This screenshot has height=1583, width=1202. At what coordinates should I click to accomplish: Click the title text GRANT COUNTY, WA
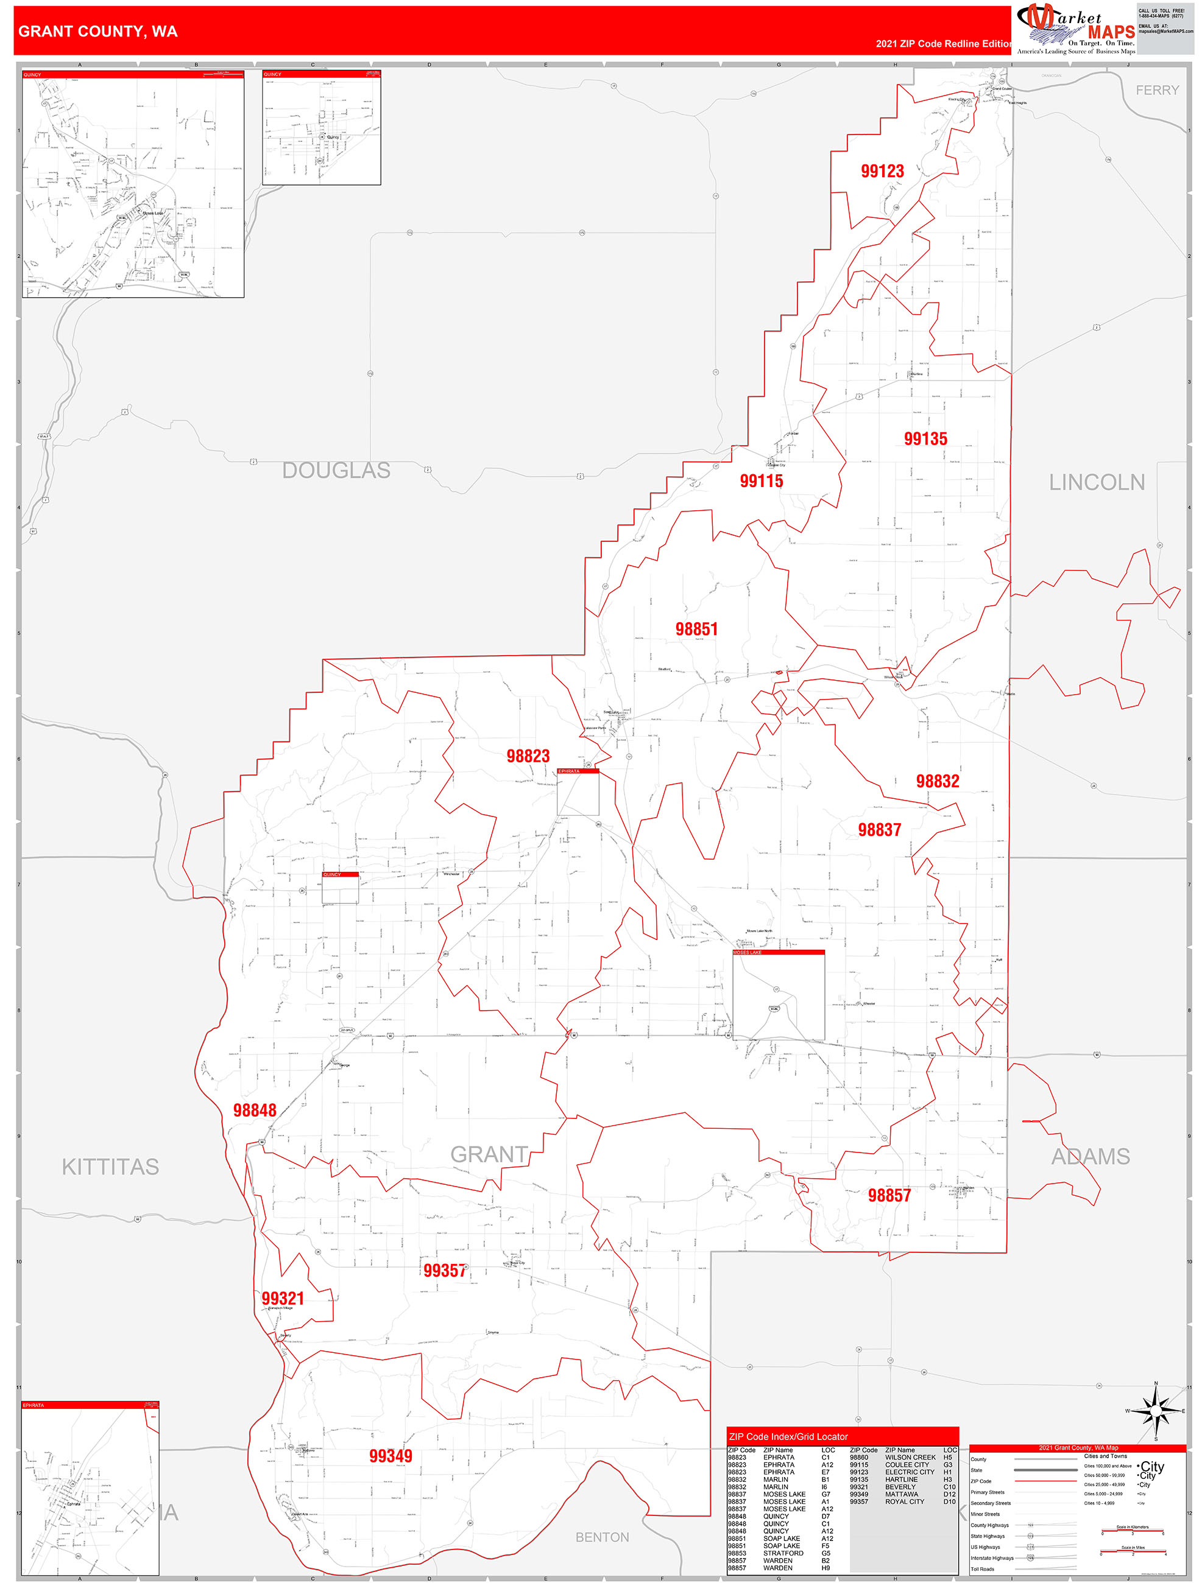click(x=98, y=32)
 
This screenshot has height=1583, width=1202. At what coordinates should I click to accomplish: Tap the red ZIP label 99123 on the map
click(x=882, y=171)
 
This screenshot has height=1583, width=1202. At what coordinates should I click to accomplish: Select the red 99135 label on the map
click(x=925, y=439)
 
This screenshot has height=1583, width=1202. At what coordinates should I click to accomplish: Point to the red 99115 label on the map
click(x=761, y=481)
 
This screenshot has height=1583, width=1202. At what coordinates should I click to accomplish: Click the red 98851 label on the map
click(x=696, y=629)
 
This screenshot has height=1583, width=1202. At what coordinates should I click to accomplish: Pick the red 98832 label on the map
click(x=937, y=782)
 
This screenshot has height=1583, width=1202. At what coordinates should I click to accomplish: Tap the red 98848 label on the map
click(x=254, y=1110)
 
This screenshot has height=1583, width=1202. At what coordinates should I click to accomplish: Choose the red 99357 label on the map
click(x=445, y=1270)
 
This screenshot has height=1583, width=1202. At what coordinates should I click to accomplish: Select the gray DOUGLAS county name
click(x=336, y=470)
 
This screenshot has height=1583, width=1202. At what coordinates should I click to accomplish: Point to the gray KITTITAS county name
click(x=110, y=1167)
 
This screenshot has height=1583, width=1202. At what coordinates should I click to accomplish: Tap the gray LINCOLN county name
click(x=1096, y=482)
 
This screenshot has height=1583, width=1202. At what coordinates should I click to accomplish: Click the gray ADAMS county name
click(x=1090, y=1156)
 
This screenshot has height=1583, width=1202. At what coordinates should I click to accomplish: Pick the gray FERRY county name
click(x=1157, y=90)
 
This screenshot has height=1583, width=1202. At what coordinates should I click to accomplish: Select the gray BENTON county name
click(x=602, y=1537)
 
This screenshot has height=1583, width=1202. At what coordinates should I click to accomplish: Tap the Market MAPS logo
click(x=1075, y=29)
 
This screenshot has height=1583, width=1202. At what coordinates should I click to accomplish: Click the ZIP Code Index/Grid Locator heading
click(x=788, y=1436)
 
